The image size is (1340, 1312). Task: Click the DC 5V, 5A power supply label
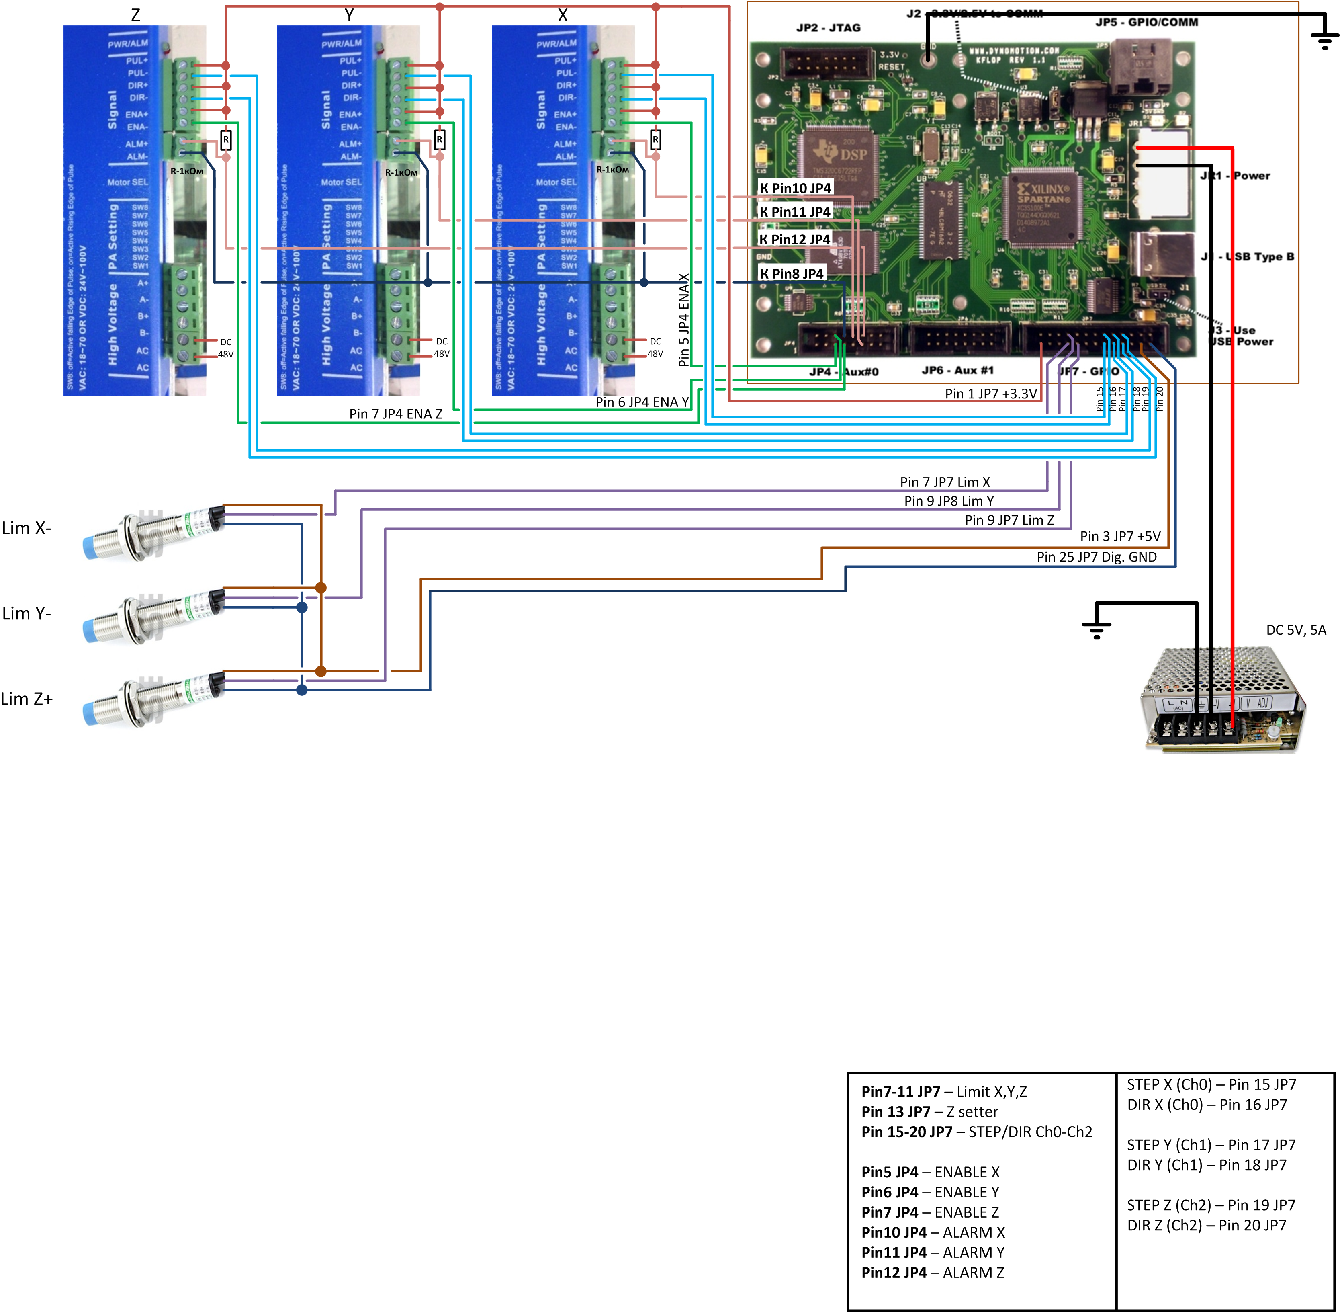tap(1295, 630)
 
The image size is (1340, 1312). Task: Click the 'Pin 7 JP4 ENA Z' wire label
tap(395, 414)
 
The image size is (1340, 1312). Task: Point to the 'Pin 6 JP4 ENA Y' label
tap(642, 402)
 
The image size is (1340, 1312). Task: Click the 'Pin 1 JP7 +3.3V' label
tap(991, 394)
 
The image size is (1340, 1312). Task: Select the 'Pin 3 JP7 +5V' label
tap(1119, 536)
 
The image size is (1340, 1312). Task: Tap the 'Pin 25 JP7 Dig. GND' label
tap(1096, 557)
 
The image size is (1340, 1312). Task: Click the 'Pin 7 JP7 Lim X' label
tap(945, 482)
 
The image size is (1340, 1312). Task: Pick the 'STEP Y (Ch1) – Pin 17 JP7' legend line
tap(1211, 1144)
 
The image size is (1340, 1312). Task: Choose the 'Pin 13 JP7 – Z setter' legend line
tap(929, 1111)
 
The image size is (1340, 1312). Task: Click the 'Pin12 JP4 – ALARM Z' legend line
tap(932, 1272)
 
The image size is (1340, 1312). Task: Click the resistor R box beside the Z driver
tap(225, 140)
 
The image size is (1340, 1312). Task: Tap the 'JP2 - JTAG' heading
tap(828, 28)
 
